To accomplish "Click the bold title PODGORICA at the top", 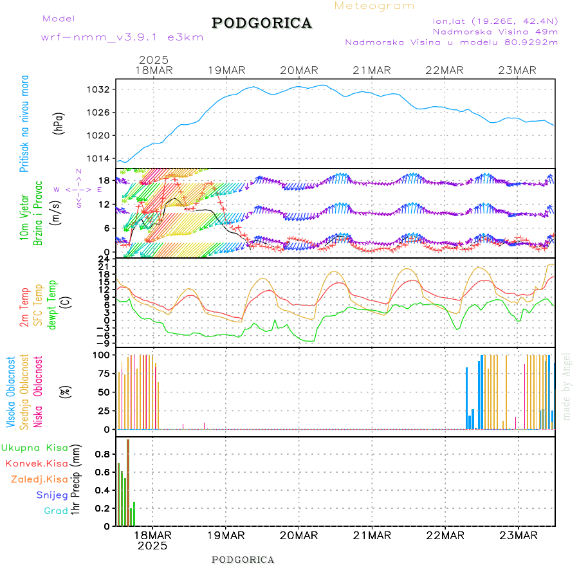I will pos(262,23).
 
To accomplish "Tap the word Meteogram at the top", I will pos(375,6).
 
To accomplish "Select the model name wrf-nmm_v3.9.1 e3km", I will pos(122,37).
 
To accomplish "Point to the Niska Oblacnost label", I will pos(38,391).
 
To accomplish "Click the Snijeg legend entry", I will pos(49,495).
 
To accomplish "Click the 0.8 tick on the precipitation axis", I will pos(101,454).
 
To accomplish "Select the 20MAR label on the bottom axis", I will pos(299,535).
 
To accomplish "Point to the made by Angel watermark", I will pos(567,386).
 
